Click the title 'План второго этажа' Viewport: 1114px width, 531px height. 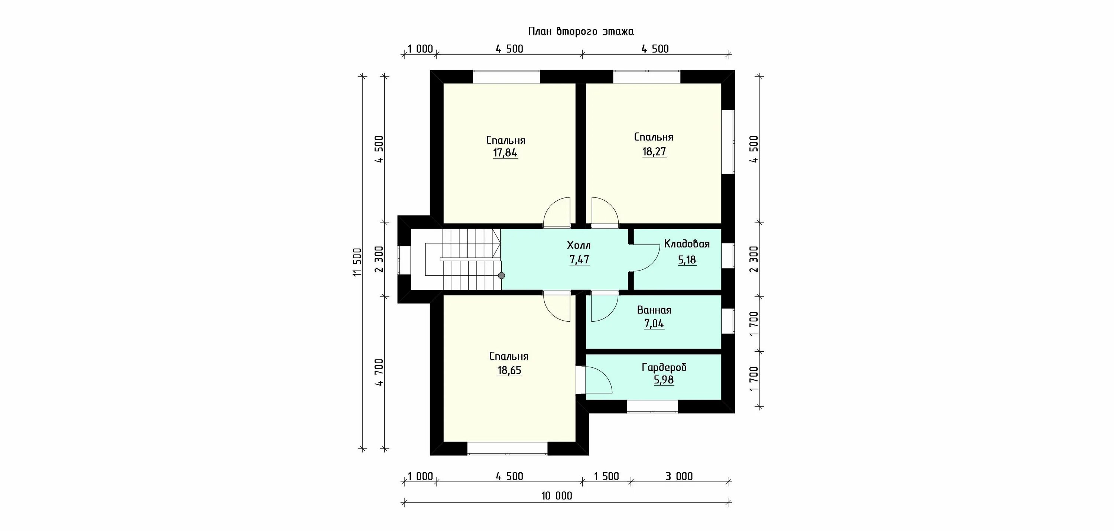point(581,32)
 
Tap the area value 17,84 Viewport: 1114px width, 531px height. point(505,153)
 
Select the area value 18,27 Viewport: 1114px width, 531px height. point(654,152)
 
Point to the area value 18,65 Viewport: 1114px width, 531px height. point(509,370)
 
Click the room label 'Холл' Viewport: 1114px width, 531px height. point(579,245)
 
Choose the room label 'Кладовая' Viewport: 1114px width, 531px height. point(687,244)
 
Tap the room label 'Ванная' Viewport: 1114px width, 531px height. point(654,310)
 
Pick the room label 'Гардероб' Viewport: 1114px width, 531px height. point(664,368)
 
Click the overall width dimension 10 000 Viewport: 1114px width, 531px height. point(557,496)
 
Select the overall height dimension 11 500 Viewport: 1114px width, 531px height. point(357,262)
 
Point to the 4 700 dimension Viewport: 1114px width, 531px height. point(379,373)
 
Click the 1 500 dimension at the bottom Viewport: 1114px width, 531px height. point(606,476)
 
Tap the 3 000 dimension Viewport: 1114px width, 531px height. point(679,476)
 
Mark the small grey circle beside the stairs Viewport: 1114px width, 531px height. point(501,275)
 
